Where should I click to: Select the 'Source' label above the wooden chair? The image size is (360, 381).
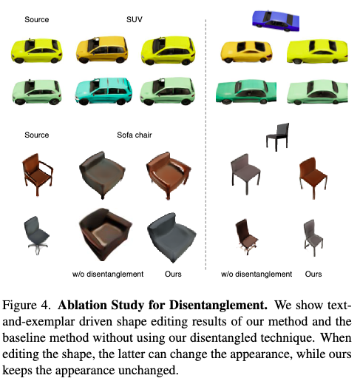[x=36, y=135]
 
